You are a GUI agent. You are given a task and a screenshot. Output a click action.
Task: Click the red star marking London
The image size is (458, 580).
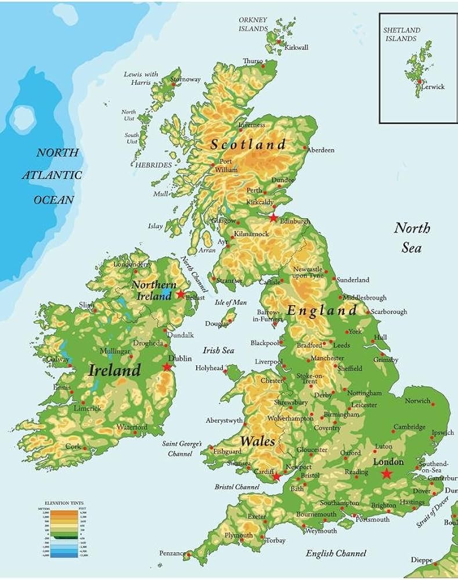(x=387, y=474)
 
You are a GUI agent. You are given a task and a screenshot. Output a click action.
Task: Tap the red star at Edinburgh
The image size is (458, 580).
(x=273, y=217)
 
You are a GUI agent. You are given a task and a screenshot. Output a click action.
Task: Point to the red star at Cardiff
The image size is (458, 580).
(x=276, y=477)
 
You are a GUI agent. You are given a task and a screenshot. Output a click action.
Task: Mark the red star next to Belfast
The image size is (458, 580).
(x=181, y=294)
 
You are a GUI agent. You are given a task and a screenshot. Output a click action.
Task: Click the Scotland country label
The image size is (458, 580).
(x=248, y=144)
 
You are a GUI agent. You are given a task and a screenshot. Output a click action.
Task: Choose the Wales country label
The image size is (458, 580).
(x=258, y=441)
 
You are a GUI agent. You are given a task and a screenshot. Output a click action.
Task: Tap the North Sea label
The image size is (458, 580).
(x=412, y=237)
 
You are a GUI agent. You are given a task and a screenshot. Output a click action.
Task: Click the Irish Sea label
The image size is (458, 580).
(x=218, y=350)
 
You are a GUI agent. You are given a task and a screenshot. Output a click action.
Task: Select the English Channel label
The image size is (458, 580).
(x=336, y=553)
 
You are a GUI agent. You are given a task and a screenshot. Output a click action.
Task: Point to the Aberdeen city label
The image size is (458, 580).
(x=320, y=150)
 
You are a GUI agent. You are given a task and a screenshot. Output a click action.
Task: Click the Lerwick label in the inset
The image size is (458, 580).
(x=433, y=86)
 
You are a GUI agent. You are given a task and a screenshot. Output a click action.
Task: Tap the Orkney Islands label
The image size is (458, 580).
(x=253, y=24)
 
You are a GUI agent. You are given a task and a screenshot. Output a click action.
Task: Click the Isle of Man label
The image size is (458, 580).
(x=230, y=302)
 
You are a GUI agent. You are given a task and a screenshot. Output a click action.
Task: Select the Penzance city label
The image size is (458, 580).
(x=172, y=553)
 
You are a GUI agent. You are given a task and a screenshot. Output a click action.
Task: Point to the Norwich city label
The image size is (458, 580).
(x=418, y=401)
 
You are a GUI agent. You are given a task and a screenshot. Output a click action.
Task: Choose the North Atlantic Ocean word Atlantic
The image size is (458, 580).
(x=52, y=175)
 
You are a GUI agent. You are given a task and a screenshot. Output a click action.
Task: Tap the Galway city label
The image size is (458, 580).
(x=57, y=360)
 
